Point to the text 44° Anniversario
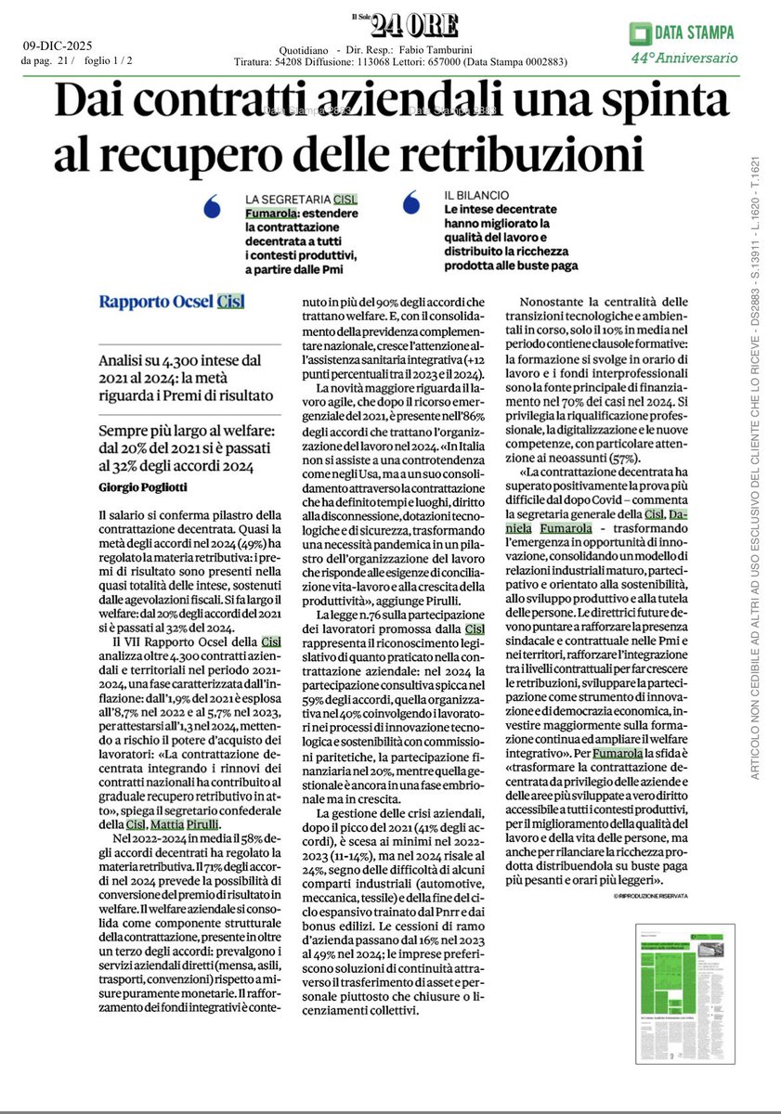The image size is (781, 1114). [683, 58]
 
